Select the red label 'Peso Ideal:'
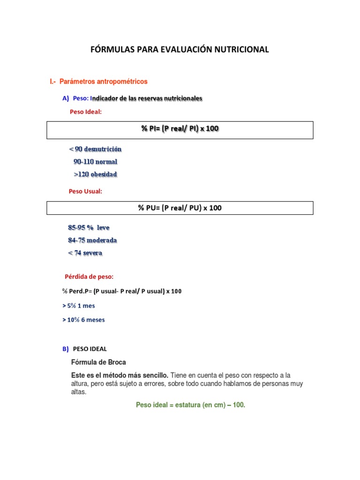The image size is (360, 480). pyautogui.click(x=85, y=112)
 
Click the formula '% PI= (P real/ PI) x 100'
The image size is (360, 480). pyautogui.click(x=180, y=129)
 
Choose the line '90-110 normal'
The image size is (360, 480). pyautogui.click(x=95, y=162)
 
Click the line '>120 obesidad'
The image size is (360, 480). pyautogui.click(x=95, y=174)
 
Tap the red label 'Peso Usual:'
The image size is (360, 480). pyautogui.click(x=85, y=191)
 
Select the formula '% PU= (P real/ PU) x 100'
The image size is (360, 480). pyautogui.click(x=180, y=208)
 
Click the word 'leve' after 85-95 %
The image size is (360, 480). pyautogui.click(x=103, y=228)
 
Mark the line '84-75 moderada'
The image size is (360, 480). pyautogui.click(x=92, y=240)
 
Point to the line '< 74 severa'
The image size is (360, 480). pyautogui.click(x=85, y=253)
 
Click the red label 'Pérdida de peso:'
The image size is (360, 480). pyautogui.click(x=89, y=277)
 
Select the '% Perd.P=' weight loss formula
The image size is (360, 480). pyautogui.click(x=122, y=291)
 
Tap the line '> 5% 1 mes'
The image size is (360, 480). pyautogui.click(x=78, y=306)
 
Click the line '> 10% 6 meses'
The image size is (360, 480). pyautogui.click(x=83, y=320)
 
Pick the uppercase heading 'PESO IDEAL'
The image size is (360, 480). pyautogui.click(x=90, y=349)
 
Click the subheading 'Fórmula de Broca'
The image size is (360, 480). pyautogui.click(x=98, y=362)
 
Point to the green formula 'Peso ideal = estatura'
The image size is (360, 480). pyautogui.click(x=190, y=405)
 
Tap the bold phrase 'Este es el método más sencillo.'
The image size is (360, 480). pyautogui.click(x=120, y=375)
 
